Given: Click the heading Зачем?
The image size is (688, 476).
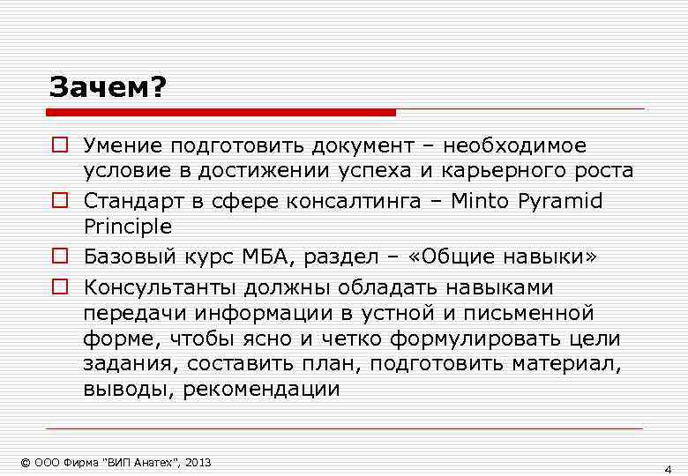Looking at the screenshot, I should pos(108,87).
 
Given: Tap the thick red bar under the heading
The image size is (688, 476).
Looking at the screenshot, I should pos(221,113).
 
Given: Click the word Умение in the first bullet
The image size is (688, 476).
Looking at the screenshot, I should pos(124,145).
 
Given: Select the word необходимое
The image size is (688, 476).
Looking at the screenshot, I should pos(514,145).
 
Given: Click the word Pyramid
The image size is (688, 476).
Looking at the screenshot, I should pos(559,202).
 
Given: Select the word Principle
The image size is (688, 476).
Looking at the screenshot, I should pos(128,227).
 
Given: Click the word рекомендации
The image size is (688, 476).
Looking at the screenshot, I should pos(261,390).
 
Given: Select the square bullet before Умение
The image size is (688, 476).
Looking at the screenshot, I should pos(58,145).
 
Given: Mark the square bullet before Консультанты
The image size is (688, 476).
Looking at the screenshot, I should pos(58,287).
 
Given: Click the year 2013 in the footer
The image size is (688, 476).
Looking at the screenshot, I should pos(199,463).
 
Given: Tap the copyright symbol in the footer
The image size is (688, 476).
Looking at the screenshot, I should pos(25,463).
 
